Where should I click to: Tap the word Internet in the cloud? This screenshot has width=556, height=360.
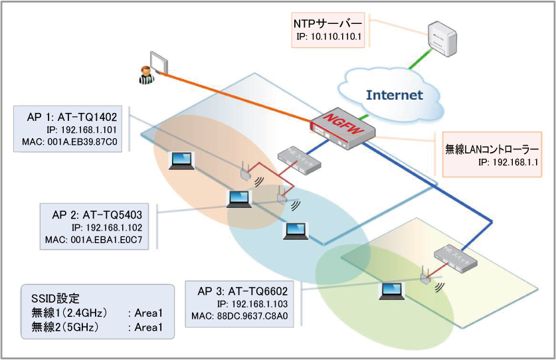coord(394,94)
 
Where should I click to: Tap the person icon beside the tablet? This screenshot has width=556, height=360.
coord(143,74)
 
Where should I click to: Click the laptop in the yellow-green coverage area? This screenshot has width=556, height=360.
coord(391,292)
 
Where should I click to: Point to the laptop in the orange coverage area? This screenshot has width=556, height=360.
coord(181,159)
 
